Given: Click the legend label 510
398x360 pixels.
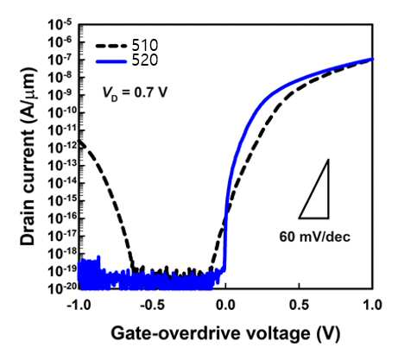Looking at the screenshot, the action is (145, 45).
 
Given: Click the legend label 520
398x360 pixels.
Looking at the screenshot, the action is (145, 60).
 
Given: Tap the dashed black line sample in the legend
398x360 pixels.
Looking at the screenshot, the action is (111, 46).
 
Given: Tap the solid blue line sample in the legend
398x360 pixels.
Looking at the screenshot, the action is (111, 61).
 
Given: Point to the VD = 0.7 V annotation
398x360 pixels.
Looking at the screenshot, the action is (135, 92).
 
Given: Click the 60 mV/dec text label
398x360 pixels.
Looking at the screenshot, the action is (315, 237).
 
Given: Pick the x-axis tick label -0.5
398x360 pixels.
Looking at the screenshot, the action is (152, 305).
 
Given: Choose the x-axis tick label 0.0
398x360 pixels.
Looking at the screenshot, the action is (226, 305).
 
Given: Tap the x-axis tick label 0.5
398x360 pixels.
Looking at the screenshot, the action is (300, 305).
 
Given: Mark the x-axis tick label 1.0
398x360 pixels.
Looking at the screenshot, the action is (373, 305).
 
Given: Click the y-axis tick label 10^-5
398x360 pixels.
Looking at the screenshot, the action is (61, 25).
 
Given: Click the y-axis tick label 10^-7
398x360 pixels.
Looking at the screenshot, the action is (61, 60).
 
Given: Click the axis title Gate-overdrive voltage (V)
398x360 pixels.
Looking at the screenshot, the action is (225, 334).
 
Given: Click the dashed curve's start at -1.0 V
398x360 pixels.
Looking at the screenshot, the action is (80, 141).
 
